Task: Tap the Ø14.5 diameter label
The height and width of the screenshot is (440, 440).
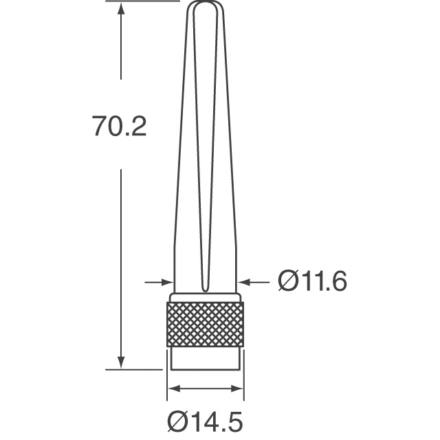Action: click(x=205, y=419)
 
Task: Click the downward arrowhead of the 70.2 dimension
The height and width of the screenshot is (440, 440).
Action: click(x=122, y=362)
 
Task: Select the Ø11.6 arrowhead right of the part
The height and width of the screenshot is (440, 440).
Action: click(x=243, y=281)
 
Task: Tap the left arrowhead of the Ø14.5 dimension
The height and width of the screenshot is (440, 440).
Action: click(x=172, y=389)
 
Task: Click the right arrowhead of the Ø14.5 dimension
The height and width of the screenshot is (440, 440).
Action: click(x=238, y=389)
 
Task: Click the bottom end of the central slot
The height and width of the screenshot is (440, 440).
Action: click(x=204, y=289)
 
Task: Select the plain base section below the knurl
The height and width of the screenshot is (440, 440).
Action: click(x=205, y=357)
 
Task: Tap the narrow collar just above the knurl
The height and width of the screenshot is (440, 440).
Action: click(x=205, y=298)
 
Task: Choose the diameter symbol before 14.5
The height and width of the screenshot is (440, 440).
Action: click(x=177, y=419)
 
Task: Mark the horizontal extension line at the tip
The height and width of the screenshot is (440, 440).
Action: click(x=144, y=1)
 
